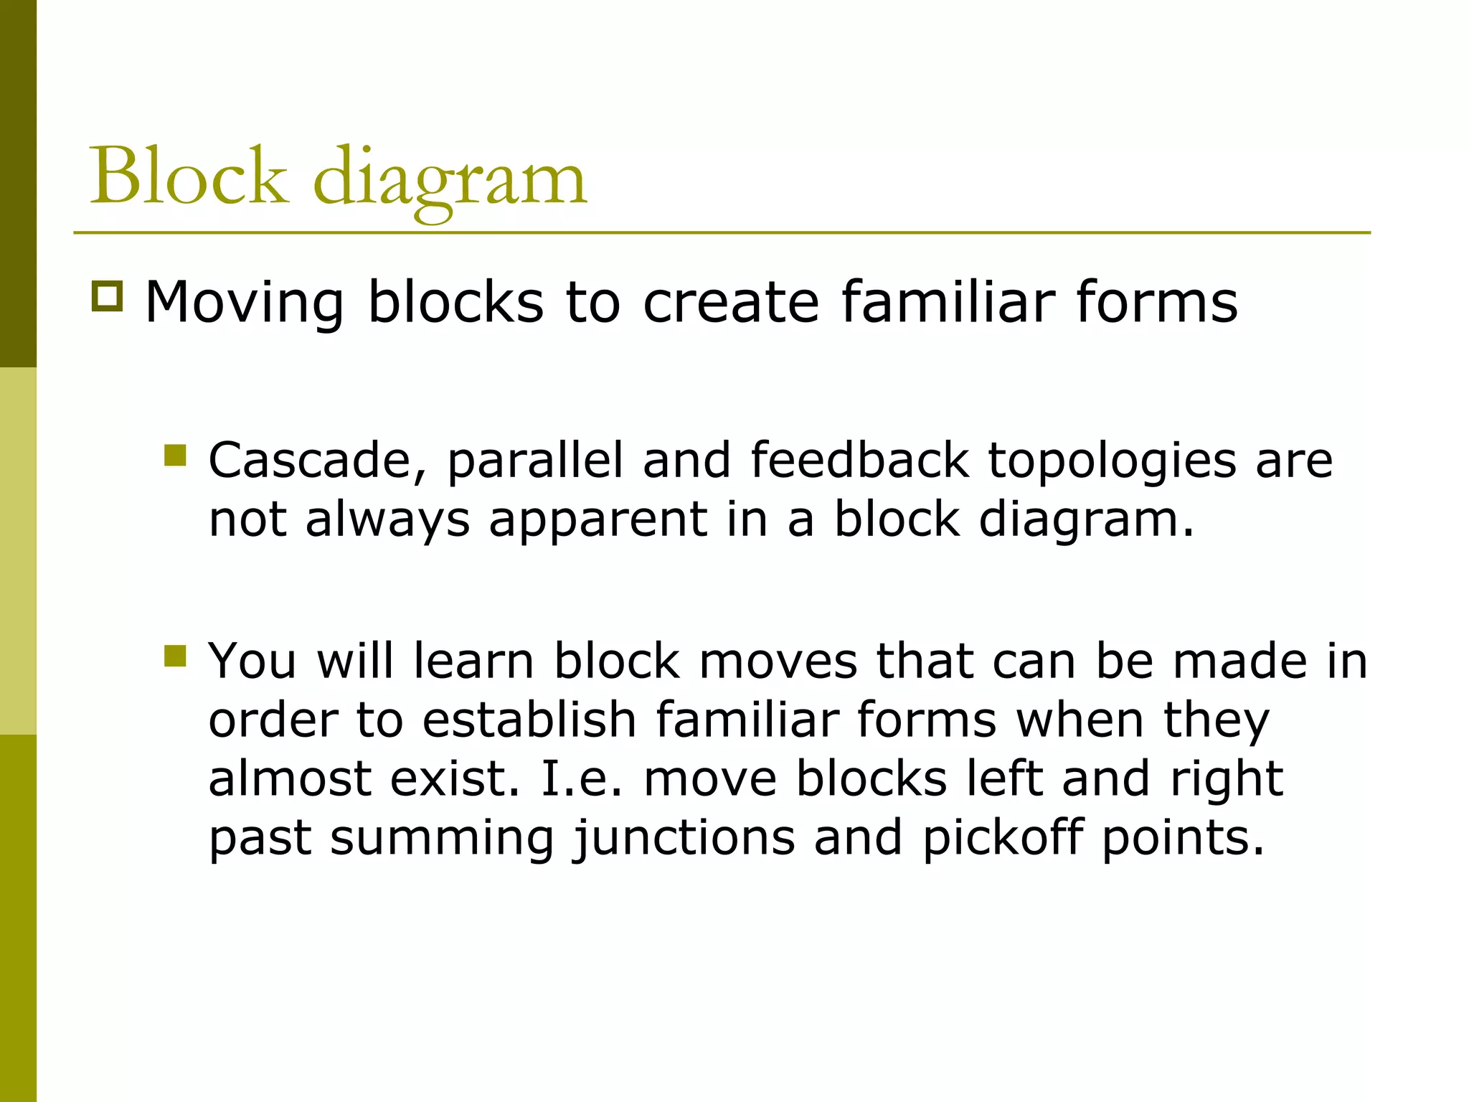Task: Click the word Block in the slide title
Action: [188, 176]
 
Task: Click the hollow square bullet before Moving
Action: [108, 296]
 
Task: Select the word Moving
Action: [245, 302]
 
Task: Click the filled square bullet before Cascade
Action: [175, 456]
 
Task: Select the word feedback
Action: [859, 461]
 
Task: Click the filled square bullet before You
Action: [175, 656]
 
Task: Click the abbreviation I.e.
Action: [582, 778]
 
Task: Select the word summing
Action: [442, 839]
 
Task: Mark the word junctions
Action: [684, 839]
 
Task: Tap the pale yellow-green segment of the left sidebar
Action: [18, 550]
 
